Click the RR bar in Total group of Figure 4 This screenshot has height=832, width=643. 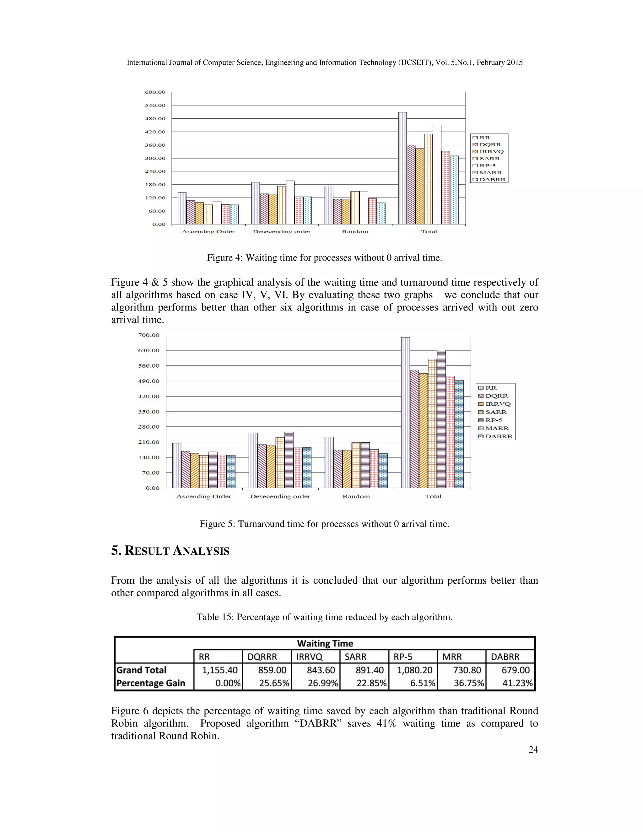[402, 168]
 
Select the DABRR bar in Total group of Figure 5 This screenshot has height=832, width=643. [459, 434]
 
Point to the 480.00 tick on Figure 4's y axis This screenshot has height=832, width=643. [155, 118]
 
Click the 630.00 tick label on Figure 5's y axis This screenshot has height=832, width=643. [149, 350]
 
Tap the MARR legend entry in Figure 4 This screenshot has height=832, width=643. [490, 173]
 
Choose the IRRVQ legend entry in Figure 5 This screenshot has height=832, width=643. [498, 404]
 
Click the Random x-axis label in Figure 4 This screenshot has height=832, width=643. [355, 232]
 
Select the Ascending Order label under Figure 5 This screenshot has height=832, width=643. [204, 496]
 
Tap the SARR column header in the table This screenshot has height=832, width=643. [355, 657]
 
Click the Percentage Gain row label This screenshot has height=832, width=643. [151, 683]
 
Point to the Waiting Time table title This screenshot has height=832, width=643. [325, 643]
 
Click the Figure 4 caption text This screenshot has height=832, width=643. [324, 258]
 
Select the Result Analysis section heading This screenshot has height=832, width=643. [170, 551]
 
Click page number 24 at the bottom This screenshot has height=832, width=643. [533, 750]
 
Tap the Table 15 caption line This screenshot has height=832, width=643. [324, 617]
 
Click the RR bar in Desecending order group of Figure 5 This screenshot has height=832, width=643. [253, 460]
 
